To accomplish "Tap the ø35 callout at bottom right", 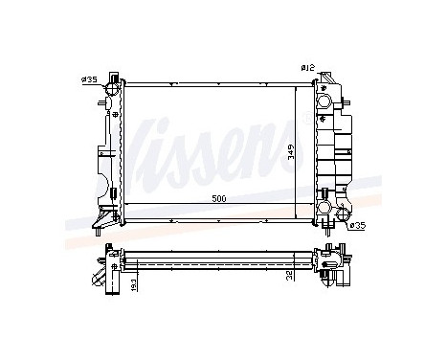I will (x=357, y=226).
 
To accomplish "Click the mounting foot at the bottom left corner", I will (x=99, y=227).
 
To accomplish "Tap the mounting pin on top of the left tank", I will (x=114, y=75).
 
